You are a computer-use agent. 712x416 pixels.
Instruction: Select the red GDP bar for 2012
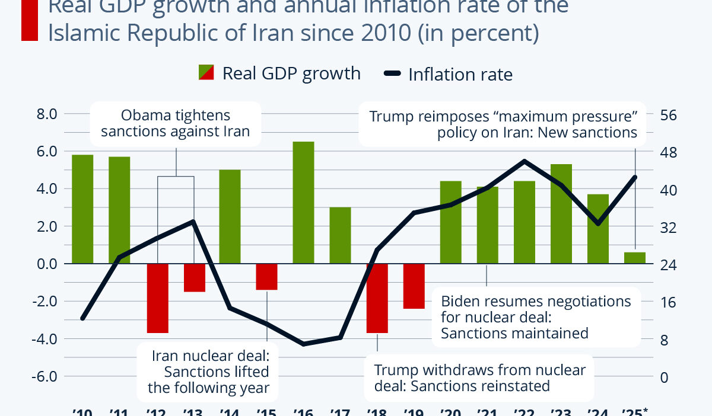(x=158, y=298)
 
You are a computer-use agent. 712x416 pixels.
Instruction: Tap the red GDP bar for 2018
(x=377, y=298)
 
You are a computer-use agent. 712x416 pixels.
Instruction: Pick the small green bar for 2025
(x=635, y=258)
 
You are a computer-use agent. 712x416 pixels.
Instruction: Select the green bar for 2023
(x=561, y=214)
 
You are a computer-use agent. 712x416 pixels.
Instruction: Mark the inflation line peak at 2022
(x=525, y=161)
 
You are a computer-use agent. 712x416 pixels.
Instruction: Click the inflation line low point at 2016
(x=304, y=344)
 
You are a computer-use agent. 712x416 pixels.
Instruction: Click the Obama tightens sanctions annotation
(x=176, y=124)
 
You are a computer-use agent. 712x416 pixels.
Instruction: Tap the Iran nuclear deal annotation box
(x=209, y=372)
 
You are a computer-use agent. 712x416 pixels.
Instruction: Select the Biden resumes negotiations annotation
(x=536, y=317)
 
